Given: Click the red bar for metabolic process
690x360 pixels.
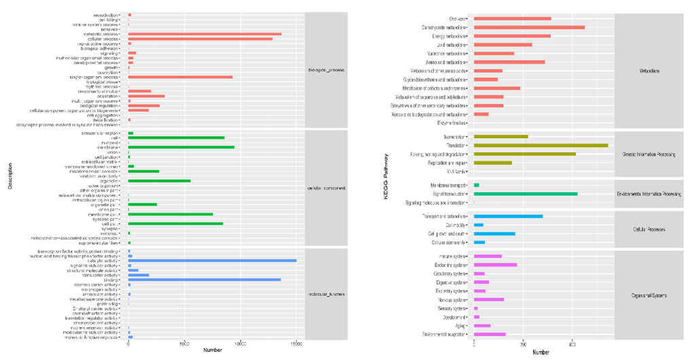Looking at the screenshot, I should click(204, 34).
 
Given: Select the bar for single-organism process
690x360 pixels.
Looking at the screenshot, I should click(180, 77).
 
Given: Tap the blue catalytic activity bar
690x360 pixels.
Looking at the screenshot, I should click(212, 260).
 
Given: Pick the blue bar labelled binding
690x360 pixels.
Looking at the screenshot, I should click(204, 279).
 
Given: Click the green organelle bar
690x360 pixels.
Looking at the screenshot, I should click(159, 181).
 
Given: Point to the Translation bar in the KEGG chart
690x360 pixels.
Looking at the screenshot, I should click(541, 145).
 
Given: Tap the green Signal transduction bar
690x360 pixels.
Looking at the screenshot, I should click(525, 194).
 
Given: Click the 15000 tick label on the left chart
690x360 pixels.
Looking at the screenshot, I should click(296, 345).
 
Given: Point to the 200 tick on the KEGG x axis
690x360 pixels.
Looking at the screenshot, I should click(523, 345).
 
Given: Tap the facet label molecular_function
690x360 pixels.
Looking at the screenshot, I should click(326, 294).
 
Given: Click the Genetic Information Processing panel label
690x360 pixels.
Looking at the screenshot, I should click(649, 154).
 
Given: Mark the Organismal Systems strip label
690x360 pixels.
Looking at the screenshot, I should click(649, 295).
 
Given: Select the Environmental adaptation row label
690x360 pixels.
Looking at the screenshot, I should click(444, 334).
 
